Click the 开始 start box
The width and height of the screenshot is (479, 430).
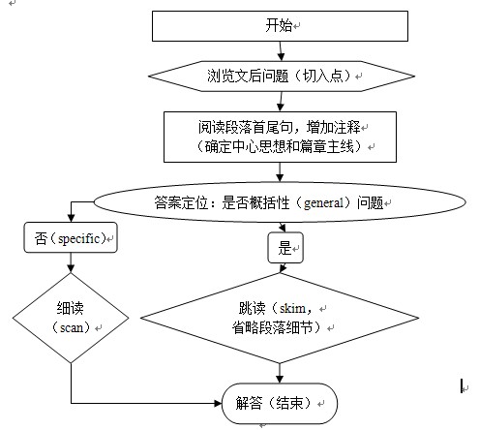pos(280,26)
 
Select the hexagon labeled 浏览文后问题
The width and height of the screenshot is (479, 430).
pos(282,77)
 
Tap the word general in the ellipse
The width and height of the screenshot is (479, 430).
pos(323,203)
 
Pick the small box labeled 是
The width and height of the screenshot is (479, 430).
pos(285,248)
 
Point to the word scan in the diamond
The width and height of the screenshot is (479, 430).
pos(72,328)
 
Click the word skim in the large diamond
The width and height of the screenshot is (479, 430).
pos(292,309)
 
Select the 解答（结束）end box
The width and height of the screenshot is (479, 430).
pos(280,403)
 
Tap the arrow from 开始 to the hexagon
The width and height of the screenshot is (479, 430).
pos(281,51)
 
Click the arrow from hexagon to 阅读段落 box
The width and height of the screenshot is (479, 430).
pos(281,102)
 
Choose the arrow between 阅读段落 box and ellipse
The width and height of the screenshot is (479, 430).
pos(280,172)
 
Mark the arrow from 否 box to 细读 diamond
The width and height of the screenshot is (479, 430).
pos(71,262)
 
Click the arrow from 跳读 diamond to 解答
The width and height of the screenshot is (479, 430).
pos(280,373)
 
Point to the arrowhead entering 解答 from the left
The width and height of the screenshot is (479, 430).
pos(219,403)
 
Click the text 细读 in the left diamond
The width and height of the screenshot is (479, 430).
pos(70,308)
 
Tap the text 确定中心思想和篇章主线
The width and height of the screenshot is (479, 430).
pos(280,147)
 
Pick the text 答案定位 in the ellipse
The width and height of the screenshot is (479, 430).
pos(181,202)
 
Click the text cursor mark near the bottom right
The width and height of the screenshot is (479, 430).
pos(462,385)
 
